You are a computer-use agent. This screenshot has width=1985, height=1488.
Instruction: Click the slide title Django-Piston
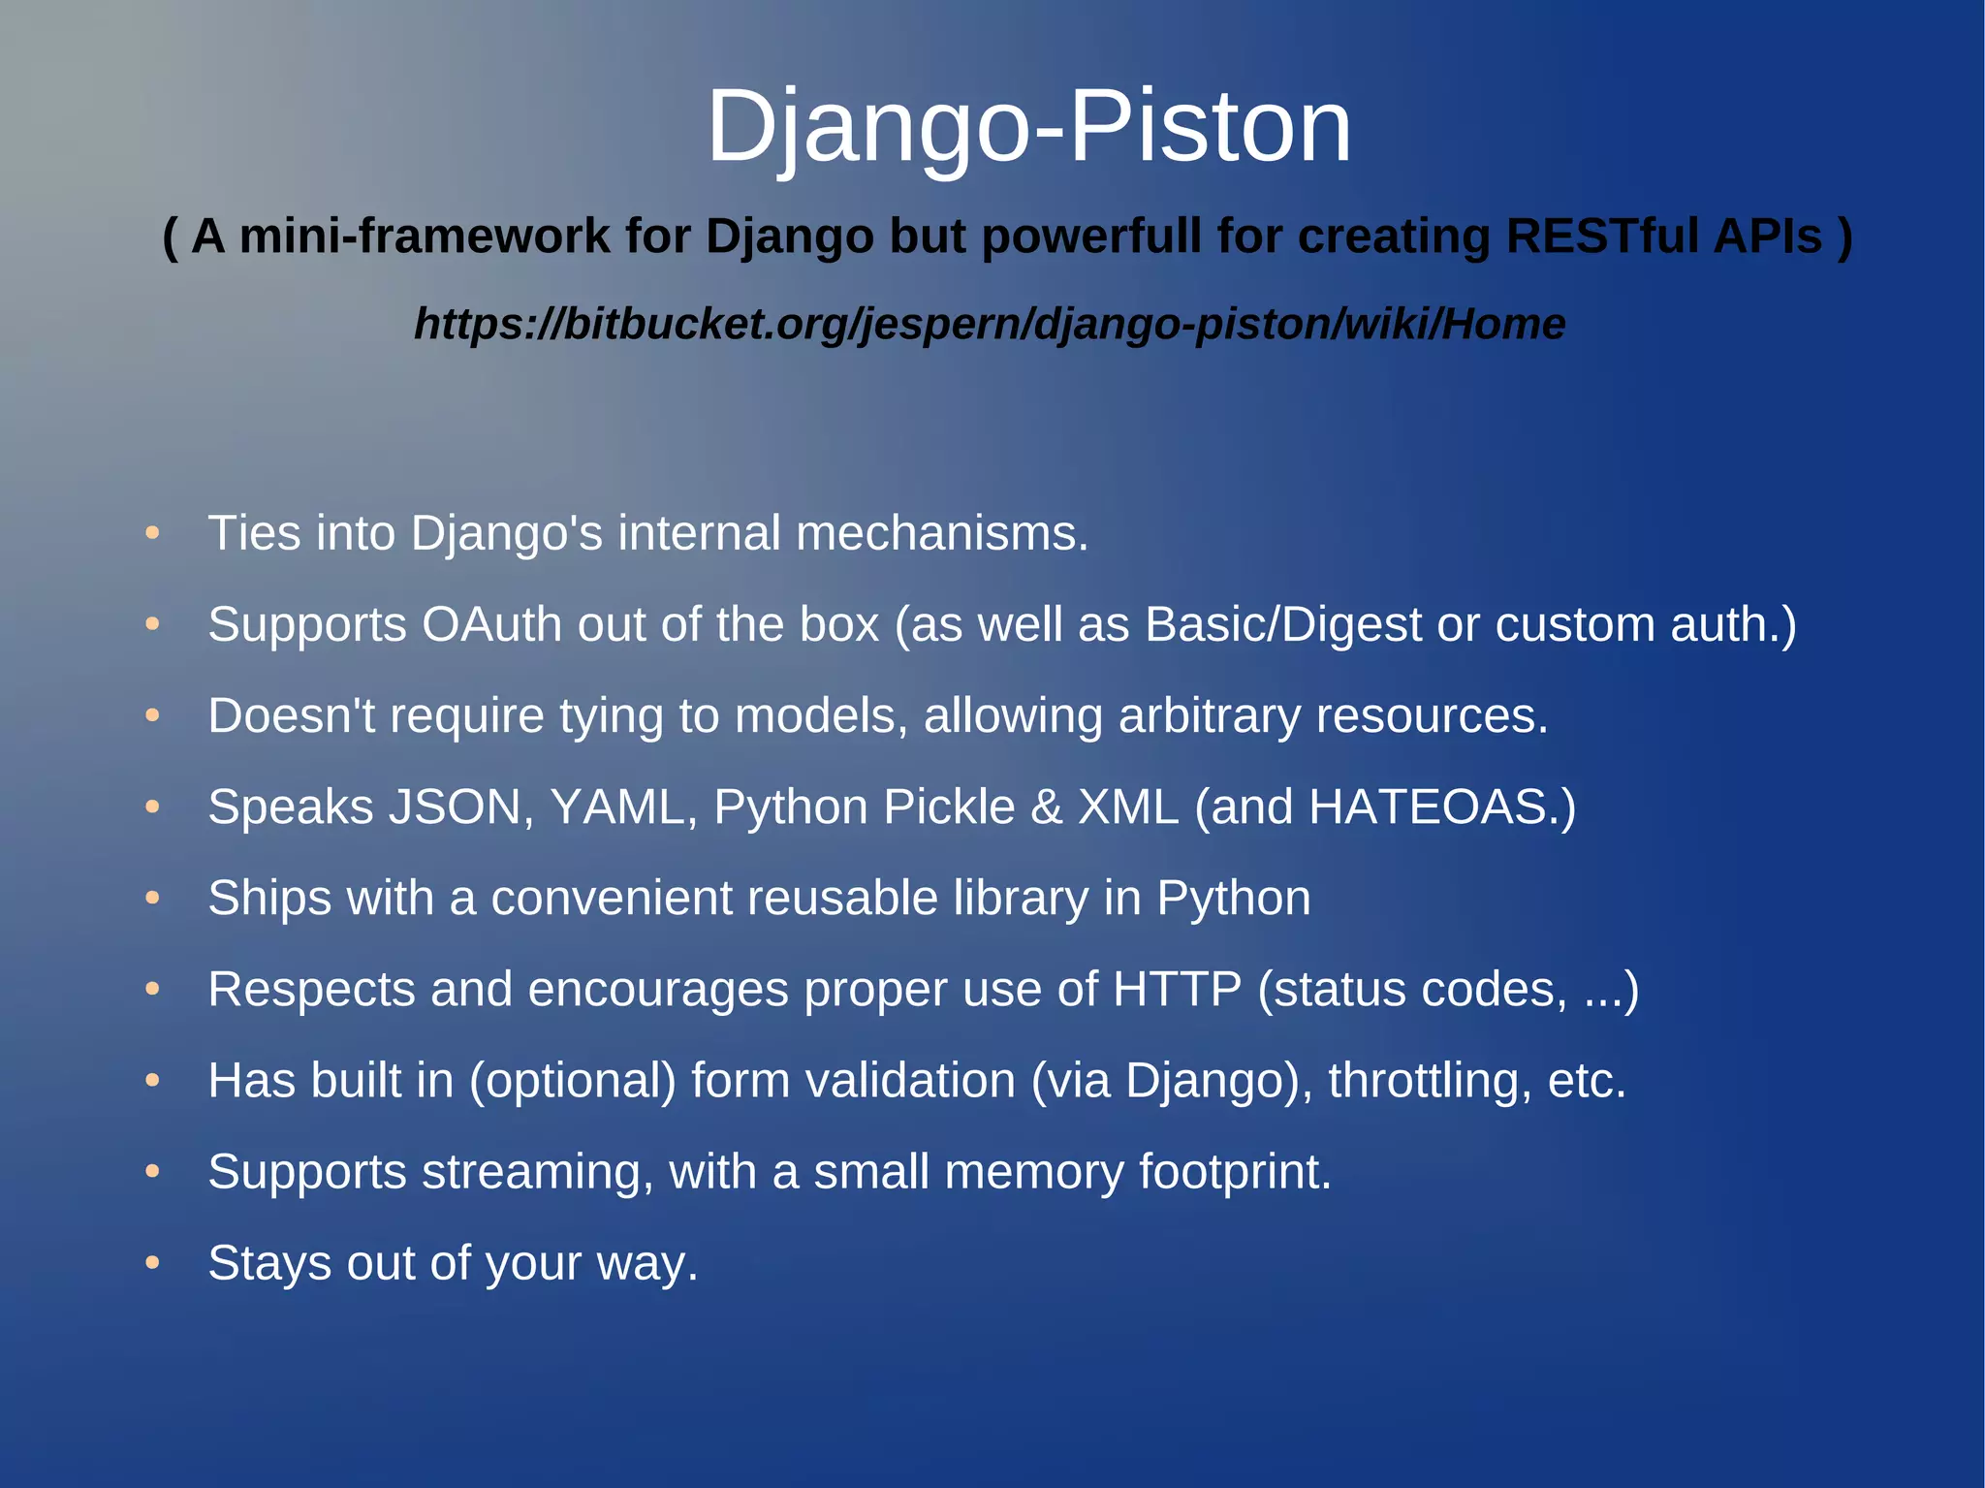click(1028, 126)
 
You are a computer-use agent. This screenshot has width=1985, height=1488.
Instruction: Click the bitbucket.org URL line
click(990, 324)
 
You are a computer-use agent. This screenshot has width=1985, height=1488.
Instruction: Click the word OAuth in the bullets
click(491, 624)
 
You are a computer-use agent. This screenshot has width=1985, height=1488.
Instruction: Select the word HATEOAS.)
click(1442, 807)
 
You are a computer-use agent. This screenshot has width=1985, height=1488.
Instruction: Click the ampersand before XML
click(1046, 807)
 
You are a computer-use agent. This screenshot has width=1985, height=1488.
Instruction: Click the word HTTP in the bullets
click(1177, 990)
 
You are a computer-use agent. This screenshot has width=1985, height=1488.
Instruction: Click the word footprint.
click(1235, 1172)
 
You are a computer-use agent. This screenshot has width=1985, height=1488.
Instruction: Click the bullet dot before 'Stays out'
click(152, 1263)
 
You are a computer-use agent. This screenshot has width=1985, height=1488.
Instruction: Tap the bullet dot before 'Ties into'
click(152, 533)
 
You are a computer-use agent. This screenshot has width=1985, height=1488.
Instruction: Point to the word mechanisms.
click(942, 533)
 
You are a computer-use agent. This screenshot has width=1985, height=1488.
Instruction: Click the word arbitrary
click(1209, 716)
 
